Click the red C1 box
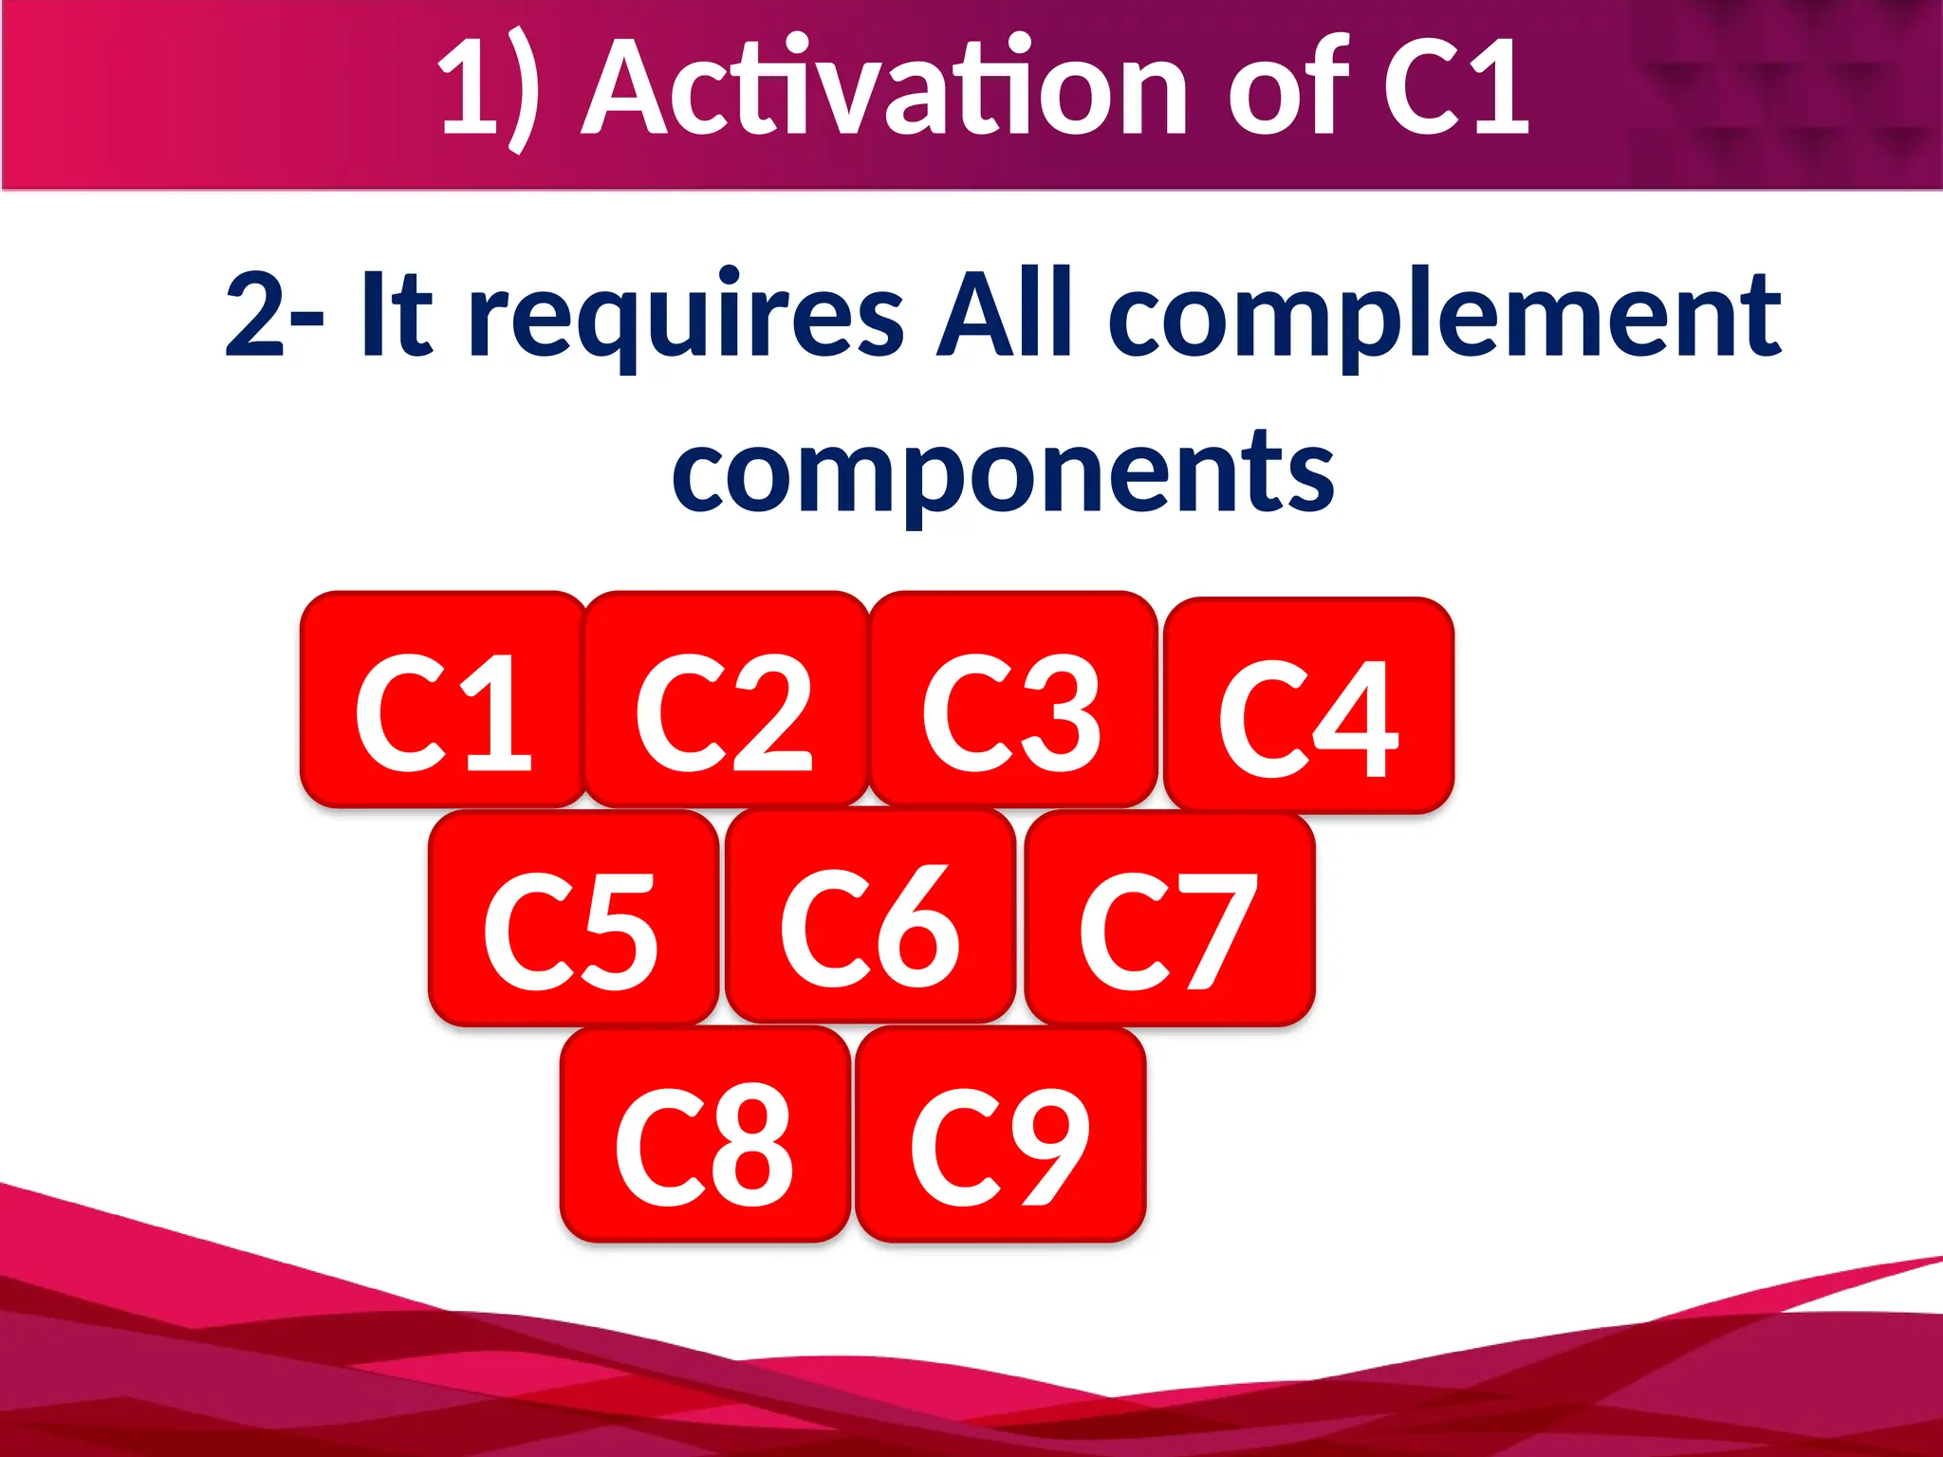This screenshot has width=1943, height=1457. coord(442,700)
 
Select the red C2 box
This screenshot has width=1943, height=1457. coord(726,700)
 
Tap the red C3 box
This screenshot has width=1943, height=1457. coord(1012,700)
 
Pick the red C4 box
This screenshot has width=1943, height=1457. coord(1308,706)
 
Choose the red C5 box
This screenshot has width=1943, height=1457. coord(573,918)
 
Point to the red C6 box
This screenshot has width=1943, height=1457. coord(870,916)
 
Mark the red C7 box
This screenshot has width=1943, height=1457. coord(1169,918)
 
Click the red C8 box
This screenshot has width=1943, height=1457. coord(705,1134)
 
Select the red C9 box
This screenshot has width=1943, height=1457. coord(1000,1134)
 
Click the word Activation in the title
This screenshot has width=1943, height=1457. coord(884,90)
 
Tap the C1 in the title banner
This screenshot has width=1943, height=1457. coord(1455,90)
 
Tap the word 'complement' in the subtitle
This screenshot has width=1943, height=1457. coord(1444,317)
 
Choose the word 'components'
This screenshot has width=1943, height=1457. coord(1004,472)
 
